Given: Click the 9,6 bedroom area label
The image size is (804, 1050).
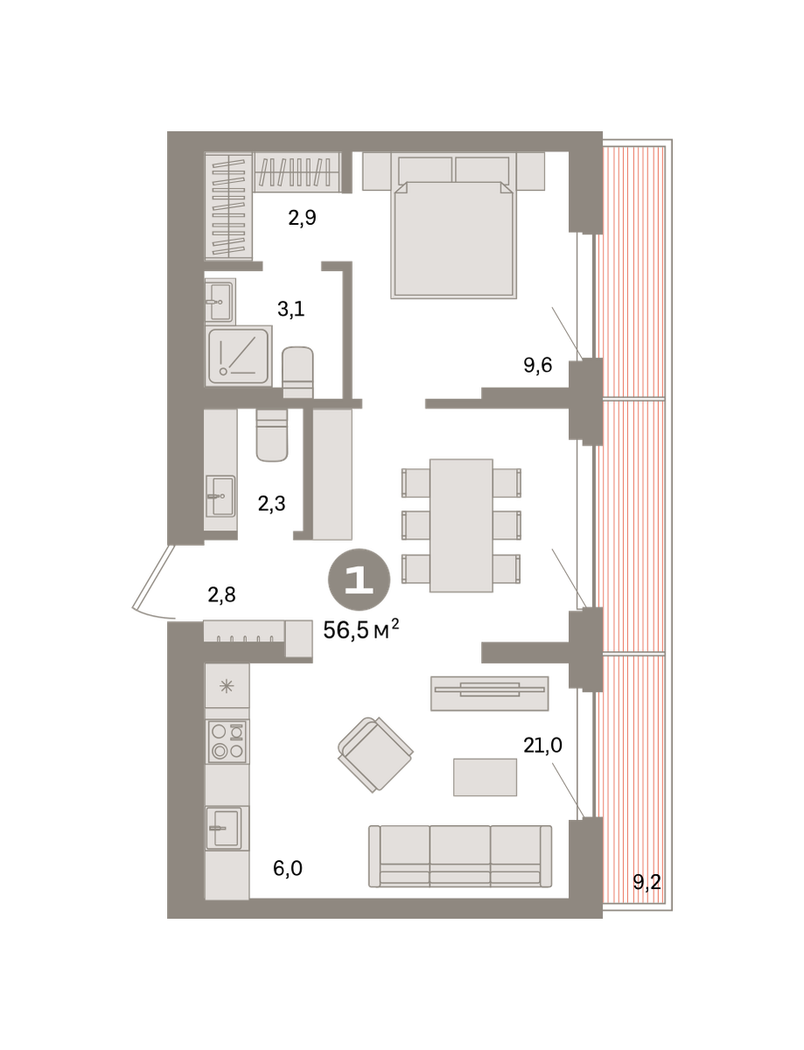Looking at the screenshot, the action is tap(537, 365).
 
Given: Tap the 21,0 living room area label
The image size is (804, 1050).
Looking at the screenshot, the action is tap(542, 745).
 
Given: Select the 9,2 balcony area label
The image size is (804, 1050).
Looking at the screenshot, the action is tap(647, 882).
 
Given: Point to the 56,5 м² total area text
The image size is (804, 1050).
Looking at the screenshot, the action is tap(360, 629).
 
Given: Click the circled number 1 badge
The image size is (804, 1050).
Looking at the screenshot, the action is tap(359, 579).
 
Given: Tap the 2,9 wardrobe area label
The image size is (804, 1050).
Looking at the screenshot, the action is tap(302, 218).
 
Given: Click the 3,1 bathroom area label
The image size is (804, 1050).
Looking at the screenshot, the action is tap(290, 309).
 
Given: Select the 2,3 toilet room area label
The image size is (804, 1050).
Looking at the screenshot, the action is tap(271, 503).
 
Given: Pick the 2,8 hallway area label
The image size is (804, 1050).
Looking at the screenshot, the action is tap(221, 594).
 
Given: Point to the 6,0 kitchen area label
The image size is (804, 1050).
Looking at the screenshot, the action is tap(287, 868).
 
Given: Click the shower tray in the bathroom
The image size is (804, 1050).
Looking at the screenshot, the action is tap(239, 356).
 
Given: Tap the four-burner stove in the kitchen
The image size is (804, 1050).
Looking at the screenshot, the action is tap(227, 741).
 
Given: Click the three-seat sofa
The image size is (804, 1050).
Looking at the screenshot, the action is tap(459, 856).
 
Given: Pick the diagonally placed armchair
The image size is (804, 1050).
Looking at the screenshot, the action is tap(375, 754).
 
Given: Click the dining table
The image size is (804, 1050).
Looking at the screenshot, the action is tap(461, 525).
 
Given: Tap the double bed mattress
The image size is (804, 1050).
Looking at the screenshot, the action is tap(453, 239).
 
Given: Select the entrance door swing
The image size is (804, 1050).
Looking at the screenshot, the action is tap(154, 583).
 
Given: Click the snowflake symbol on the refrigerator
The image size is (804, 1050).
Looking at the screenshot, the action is tap(227, 686).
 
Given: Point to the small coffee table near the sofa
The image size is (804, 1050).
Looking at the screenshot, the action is tap(485, 777).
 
